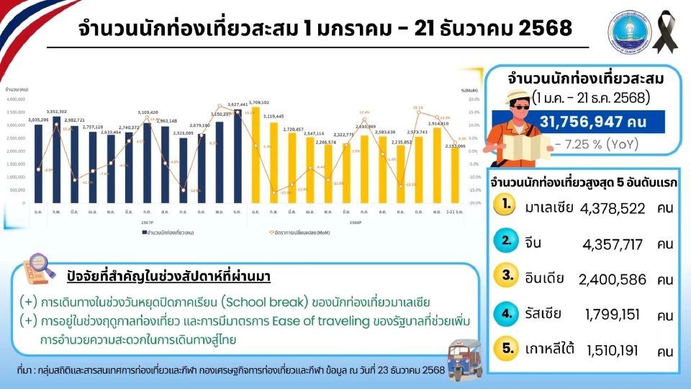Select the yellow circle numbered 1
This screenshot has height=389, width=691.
point(507,205)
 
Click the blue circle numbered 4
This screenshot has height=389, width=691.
point(507,313)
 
